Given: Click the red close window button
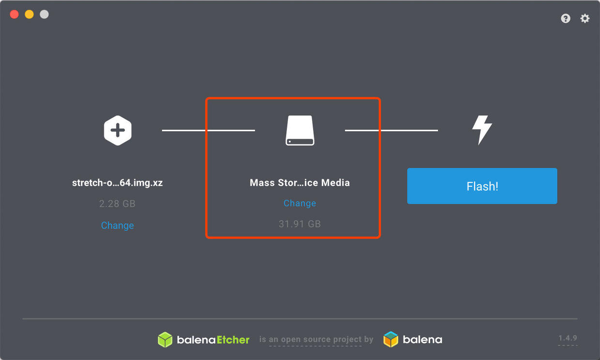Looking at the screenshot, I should pos(14,14).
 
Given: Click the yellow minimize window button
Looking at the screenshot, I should pos(29,14).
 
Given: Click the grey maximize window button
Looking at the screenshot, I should pos(44,14).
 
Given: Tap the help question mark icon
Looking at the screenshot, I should pos(566,18).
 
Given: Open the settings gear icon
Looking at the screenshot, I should pos(585,18).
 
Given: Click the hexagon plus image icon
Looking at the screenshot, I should pos(118,130).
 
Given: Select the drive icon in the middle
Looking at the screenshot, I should pos(300,131).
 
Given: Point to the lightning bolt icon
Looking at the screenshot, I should pos(482,130).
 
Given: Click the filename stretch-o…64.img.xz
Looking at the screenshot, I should pos(117,183).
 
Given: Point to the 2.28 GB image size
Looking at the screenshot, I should pos(117,204).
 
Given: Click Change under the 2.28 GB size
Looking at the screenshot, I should pos(117,225).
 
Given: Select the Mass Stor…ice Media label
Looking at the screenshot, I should pos(300,183).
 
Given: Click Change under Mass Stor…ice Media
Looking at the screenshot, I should pos(300,203).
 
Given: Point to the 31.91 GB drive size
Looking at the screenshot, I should pos(300,224).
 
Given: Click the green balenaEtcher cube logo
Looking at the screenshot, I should pos(165,340).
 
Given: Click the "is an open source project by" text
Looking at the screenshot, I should pos(316,340).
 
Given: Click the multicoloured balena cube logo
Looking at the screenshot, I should pos(390,340).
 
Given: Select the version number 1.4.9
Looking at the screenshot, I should pos(568,338).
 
